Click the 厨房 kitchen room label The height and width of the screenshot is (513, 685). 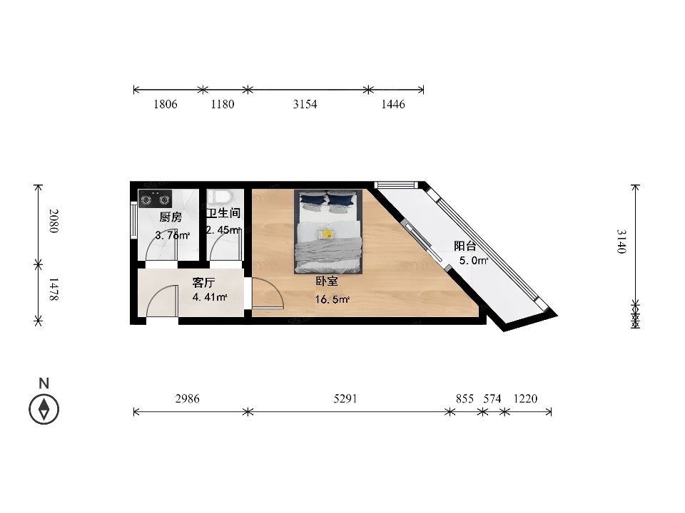171,217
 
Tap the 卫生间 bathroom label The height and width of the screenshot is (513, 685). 223,213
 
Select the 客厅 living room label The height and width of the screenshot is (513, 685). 203,283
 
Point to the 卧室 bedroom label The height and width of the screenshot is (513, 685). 327,281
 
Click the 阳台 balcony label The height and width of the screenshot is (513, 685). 465,246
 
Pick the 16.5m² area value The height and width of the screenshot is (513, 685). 332,299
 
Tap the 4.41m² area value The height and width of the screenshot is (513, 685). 210,298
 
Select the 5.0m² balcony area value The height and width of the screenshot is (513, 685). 474,261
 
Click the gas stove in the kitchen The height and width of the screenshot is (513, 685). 155,199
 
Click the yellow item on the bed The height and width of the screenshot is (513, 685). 326,234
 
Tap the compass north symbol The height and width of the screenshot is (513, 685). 44,409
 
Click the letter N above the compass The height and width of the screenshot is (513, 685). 44,383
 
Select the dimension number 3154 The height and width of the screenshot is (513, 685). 305,104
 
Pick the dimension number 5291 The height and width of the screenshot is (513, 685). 345,398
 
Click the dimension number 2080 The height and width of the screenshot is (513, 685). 54,221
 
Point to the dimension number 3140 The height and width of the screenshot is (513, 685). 621,242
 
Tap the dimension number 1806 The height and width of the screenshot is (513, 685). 165,104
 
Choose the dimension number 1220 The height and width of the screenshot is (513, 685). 525,398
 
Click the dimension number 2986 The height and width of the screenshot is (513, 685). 188,398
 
